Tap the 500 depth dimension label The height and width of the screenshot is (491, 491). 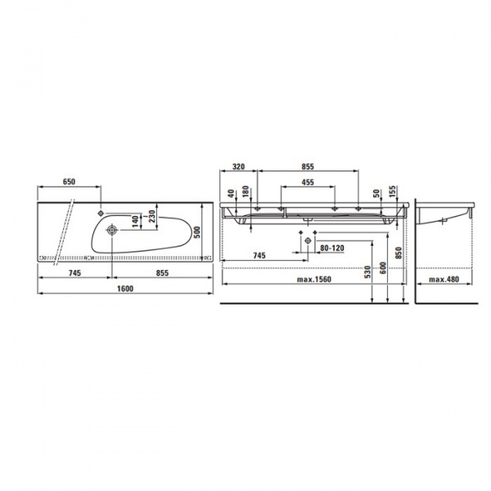coord(196,232)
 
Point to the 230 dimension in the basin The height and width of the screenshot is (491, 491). coord(151,218)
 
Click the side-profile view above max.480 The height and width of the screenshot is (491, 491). coord(447,214)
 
